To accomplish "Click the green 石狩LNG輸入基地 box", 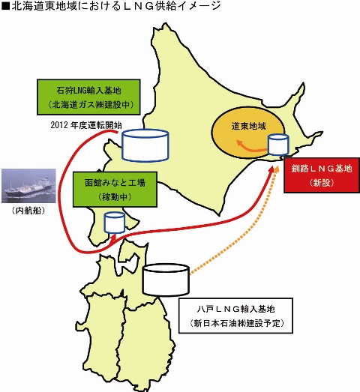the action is tap(88, 97).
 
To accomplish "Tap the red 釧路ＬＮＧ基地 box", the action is tap(322, 175).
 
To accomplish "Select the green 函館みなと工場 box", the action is tap(115, 189).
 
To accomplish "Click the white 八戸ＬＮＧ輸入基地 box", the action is tap(235, 316).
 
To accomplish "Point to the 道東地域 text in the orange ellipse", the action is tap(249, 126).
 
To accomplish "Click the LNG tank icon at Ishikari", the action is tap(145, 145).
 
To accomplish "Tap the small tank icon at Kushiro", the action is tap(278, 145).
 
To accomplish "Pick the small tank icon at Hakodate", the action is tap(114, 223).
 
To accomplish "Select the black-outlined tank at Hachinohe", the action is tap(166, 280).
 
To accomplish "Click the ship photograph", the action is tap(28, 186).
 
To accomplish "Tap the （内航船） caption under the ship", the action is tap(28, 211).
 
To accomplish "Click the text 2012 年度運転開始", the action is tap(86, 124).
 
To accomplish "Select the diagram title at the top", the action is tap(111, 6).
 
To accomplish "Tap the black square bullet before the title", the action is tap(5, 6).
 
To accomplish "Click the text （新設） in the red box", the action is tap(322, 183).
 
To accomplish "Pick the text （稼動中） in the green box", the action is tap(115, 197).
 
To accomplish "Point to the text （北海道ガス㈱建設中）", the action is tap(90, 104).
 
